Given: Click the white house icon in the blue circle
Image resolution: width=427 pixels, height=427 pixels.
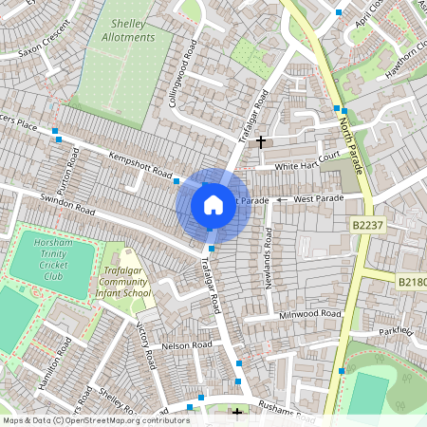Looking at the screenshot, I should point(213,204).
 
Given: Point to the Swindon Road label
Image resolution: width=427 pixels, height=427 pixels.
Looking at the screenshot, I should point(68,205).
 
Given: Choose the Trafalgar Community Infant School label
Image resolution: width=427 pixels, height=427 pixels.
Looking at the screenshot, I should point(124,282).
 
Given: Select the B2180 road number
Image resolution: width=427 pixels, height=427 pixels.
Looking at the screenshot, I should point(411,282).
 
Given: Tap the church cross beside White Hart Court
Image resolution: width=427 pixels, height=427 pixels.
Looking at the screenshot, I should point(260,140).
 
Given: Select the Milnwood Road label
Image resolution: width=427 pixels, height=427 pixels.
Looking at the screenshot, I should point(309,314).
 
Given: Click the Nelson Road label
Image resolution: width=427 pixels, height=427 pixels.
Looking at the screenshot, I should point(182,347).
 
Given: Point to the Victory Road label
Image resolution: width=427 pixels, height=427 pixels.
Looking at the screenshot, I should point(145,346).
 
